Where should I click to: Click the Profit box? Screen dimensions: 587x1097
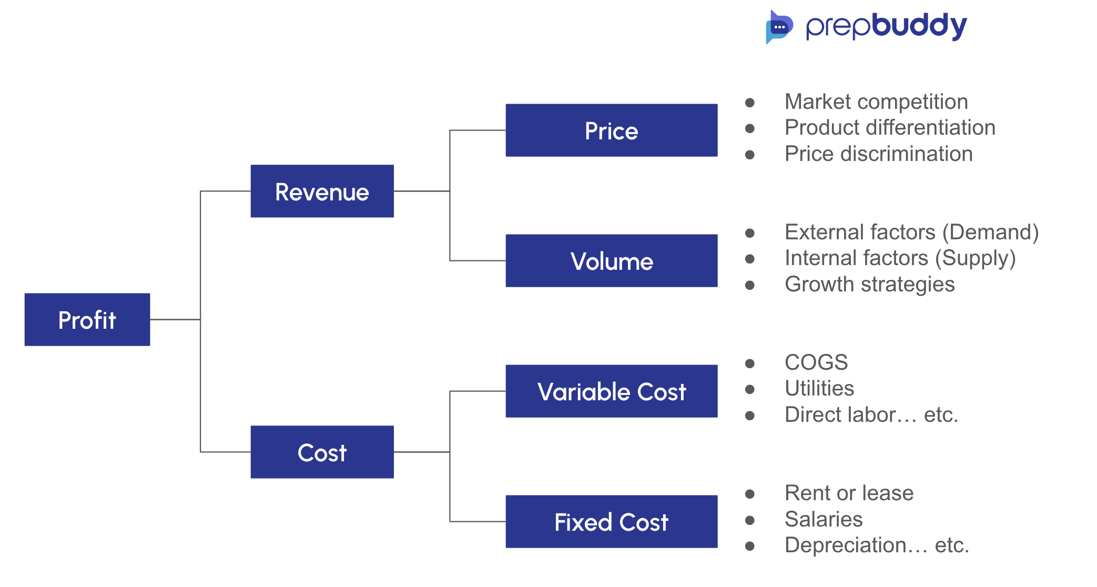[x=87, y=319]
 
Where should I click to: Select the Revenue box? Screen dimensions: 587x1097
[x=322, y=191]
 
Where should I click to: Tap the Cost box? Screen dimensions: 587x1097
[x=322, y=452]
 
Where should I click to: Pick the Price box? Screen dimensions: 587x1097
[x=611, y=130]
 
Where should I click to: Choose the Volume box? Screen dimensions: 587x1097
[x=611, y=261]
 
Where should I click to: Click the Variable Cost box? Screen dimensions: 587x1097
[x=611, y=391]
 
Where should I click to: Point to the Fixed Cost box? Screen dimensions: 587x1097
[x=611, y=522]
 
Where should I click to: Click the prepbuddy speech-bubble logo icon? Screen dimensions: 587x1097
[x=779, y=27]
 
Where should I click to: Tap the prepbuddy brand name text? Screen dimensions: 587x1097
[x=886, y=26]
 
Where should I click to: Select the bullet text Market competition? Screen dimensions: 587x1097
[x=876, y=102]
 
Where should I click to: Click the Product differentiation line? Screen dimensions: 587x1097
[x=890, y=127]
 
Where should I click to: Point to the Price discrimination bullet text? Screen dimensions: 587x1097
[x=878, y=154]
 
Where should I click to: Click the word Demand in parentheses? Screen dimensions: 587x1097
[x=990, y=232]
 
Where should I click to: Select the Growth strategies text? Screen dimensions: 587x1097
[x=869, y=284]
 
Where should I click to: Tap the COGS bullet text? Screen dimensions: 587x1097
[x=816, y=362]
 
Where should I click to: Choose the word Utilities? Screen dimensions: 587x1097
[x=819, y=388]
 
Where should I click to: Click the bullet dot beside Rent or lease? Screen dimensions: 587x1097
[x=750, y=494]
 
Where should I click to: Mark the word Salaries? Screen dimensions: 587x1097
[x=824, y=519]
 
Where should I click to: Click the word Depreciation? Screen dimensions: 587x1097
[x=846, y=545]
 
